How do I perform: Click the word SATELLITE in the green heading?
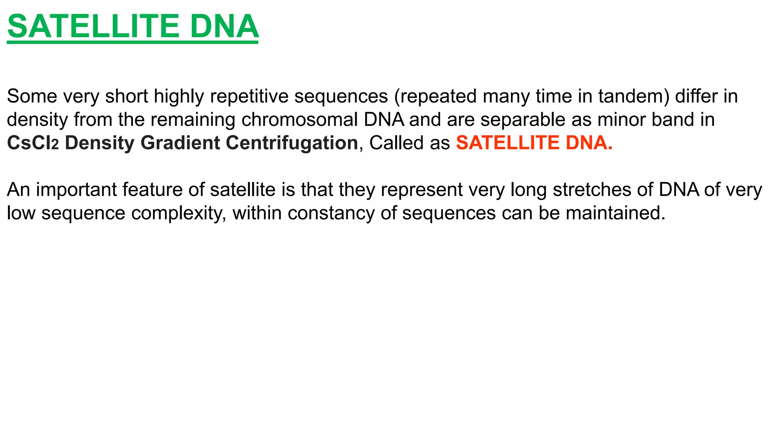point(93,27)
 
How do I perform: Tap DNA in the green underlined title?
point(225,27)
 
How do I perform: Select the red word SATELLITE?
point(508,143)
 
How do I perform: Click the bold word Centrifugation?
point(292,143)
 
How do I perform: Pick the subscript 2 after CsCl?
point(55,145)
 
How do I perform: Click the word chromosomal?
point(299,120)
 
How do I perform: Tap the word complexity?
point(179,213)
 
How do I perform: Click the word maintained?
point(615,213)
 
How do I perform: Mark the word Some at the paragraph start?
point(32,96)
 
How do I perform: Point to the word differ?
point(696,96)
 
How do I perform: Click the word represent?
point(422,190)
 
